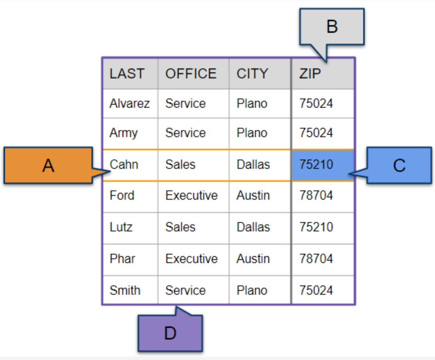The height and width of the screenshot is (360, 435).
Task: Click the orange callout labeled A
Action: [49, 165]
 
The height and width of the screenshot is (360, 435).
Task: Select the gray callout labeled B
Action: [332, 27]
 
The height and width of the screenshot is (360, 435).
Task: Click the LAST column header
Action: [127, 73]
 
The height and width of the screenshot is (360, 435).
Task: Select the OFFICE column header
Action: [191, 73]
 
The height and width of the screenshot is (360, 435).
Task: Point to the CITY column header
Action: [252, 73]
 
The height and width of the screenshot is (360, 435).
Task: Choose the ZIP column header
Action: [310, 73]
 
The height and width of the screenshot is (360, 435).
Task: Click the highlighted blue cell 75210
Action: [323, 165]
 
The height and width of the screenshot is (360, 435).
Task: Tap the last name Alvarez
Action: [130, 104]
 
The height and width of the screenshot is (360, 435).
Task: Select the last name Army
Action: [124, 133]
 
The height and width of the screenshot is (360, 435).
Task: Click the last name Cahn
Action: [124, 164]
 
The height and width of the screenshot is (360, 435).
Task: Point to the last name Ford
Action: [122, 195]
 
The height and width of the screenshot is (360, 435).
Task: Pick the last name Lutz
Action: [121, 227]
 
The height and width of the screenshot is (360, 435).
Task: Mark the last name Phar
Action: [122, 259]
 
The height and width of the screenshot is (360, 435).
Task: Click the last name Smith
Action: [125, 290]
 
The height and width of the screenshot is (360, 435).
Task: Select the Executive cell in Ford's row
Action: [191, 195]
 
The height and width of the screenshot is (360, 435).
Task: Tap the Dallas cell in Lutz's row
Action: [253, 227]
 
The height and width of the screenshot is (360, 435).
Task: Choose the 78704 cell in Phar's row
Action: [316, 259]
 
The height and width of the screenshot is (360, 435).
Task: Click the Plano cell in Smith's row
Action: [252, 290]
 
